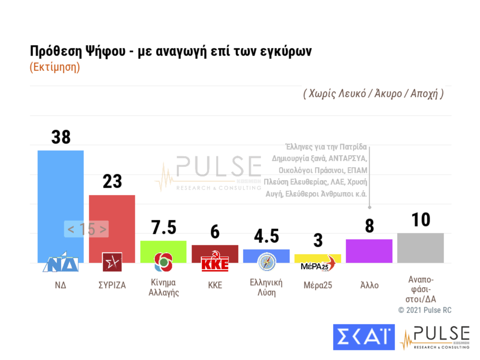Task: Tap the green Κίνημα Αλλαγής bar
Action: pyautogui.click(x=163, y=247)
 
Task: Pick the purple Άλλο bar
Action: pyautogui.click(x=369, y=251)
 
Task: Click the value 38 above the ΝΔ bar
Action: pyautogui.click(x=61, y=137)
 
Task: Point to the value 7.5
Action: pyautogui.click(x=164, y=227)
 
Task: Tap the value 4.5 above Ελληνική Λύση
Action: pyautogui.click(x=266, y=236)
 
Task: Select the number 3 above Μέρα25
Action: pyautogui.click(x=318, y=241)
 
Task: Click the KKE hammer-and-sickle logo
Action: pyautogui.click(x=215, y=261)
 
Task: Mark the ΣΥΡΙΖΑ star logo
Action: pyautogui.click(x=112, y=262)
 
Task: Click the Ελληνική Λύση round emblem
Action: pyautogui.click(x=267, y=262)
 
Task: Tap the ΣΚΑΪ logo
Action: pyautogui.click(x=364, y=337)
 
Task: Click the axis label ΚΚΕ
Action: pyautogui.click(x=215, y=285)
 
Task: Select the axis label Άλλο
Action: pyautogui.click(x=369, y=285)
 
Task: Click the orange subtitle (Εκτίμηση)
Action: pyautogui.click(x=55, y=67)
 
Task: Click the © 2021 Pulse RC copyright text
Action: pyautogui.click(x=425, y=310)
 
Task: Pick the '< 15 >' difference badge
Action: pyautogui.click(x=87, y=229)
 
